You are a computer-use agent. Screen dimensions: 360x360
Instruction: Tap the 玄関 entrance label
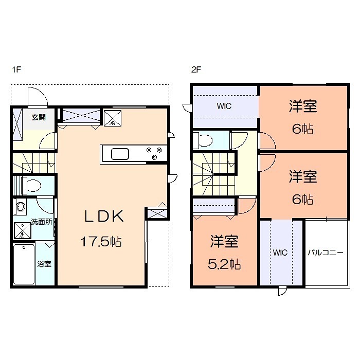pyautogui.click(x=38, y=117)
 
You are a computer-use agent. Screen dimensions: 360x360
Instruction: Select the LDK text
pyautogui.click(x=104, y=217)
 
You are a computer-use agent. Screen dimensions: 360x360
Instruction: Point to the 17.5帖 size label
pyautogui.click(x=101, y=241)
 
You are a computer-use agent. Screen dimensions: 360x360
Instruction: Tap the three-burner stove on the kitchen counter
pyautogui.click(x=153, y=153)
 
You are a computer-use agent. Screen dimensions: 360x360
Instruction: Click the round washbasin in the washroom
pyautogui.click(x=21, y=207)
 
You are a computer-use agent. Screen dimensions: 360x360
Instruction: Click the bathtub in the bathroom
pyautogui.click(x=24, y=264)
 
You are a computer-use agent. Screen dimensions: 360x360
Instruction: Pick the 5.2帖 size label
pyautogui.click(x=225, y=264)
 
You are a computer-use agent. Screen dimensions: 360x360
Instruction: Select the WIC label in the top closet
pyautogui.click(x=224, y=106)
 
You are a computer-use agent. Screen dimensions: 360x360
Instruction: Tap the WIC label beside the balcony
pyautogui.click(x=280, y=253)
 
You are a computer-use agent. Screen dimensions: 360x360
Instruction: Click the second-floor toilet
pyautogui.click(x=204, y=140)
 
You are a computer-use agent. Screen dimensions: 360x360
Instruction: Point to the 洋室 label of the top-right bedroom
pyautogui.click(x=302, y=106)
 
